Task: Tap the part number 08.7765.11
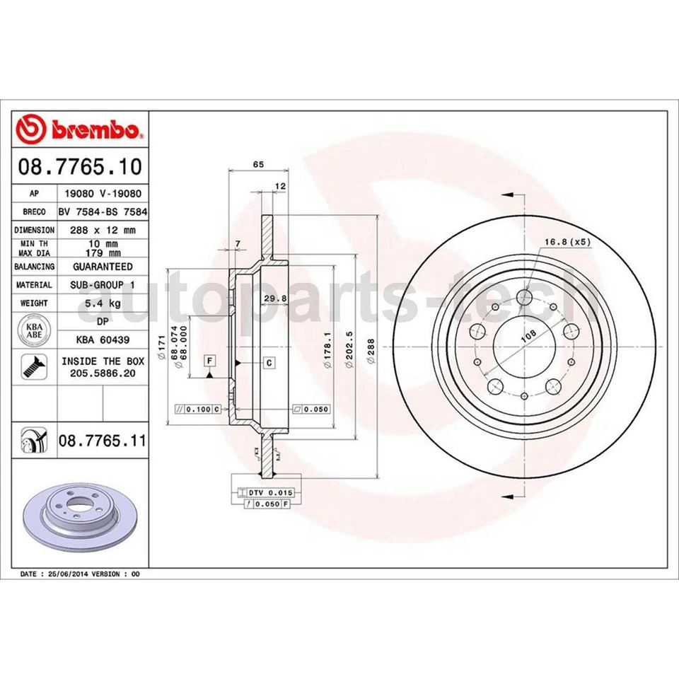(x=102, y=441)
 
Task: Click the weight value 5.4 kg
(x=102, y=303)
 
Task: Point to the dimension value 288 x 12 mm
(x=102, y=230)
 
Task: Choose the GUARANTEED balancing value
(x=102, y=267)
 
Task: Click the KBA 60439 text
(x=102, y=340)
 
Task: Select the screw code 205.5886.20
(x=102, y=372)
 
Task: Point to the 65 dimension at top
(x=258, y=164)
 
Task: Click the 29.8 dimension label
(x=274, y=298)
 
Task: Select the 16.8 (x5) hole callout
(x=567, y=242)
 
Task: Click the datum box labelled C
(x=269, y=362)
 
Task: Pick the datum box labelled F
(x=209, y=361)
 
